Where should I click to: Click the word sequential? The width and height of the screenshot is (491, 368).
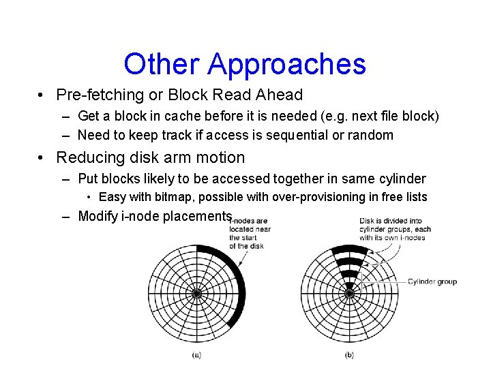click(x=297, y=135)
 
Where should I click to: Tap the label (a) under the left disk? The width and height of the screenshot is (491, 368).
click(x=196, y=355)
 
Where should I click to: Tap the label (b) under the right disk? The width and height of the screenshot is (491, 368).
click(x=349, y=355)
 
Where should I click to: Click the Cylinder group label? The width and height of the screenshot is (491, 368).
click(x=432, y=281)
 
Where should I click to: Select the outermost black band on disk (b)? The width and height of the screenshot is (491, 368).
click(x=349, y=250)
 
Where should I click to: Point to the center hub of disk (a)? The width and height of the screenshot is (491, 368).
click(x=197, y=294)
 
